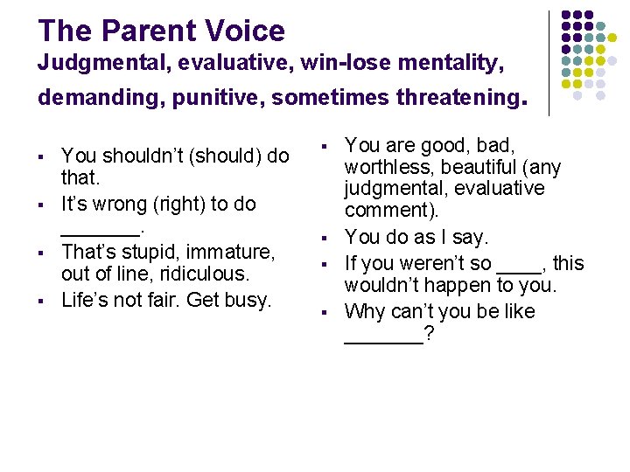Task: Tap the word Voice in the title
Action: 248,31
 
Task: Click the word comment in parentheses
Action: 382,211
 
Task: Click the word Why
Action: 364,311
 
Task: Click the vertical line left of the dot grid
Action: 549,63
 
